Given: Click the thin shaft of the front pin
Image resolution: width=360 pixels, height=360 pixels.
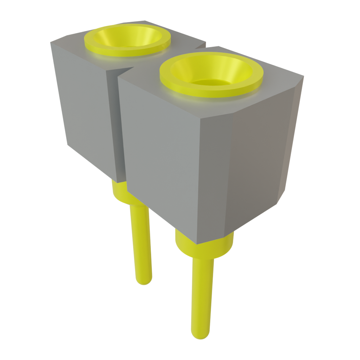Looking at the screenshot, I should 202,295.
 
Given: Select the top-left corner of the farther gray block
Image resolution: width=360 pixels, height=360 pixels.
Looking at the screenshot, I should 51,43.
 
